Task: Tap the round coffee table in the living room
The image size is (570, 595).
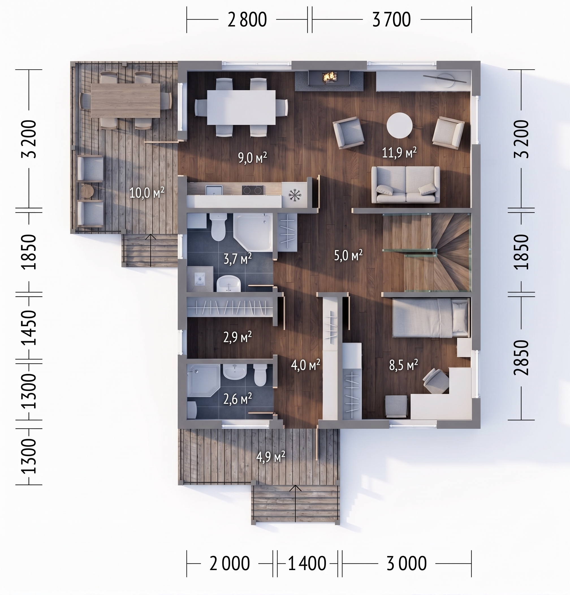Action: tap(400, 125)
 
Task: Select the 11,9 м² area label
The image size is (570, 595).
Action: tap(399, 152)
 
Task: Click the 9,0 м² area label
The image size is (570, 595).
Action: tap(252, 158)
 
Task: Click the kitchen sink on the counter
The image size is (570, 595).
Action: tap(214, 190)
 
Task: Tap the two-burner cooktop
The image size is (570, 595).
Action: tap(252, 190)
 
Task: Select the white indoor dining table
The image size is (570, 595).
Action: tap(241, 107)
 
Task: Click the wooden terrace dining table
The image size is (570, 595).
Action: tap(126, 100)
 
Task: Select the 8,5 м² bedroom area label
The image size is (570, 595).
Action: tap(404, 365)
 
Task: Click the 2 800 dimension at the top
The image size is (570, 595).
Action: tap(247, 20)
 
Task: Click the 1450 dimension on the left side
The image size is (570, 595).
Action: tap(29, 328)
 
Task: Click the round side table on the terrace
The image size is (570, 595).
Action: tap(87, 191)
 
